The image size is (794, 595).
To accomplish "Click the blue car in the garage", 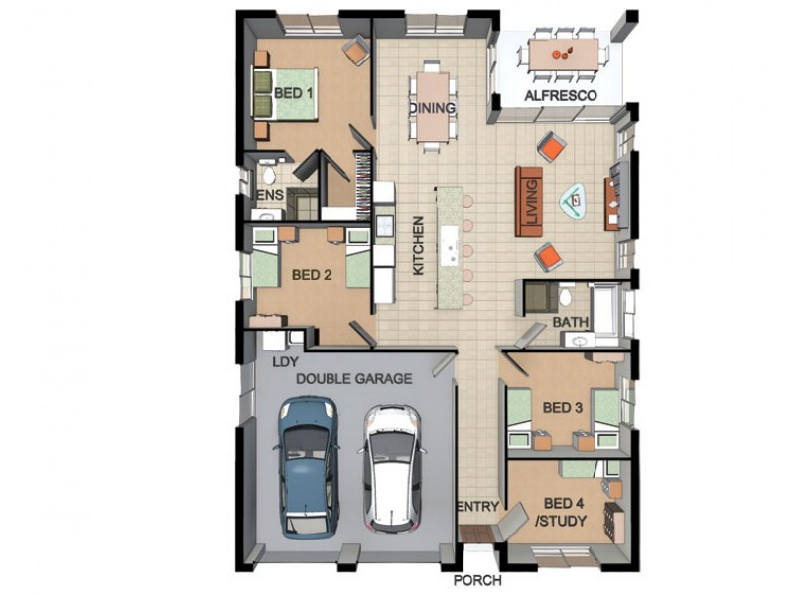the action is point(308,467).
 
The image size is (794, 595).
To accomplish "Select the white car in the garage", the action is point(390,468).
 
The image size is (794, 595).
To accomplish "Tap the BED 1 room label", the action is point(293,93).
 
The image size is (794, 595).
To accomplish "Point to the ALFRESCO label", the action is point(561,95).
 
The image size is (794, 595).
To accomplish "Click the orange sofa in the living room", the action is point(529,201).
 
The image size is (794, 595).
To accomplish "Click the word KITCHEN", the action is point(418,246).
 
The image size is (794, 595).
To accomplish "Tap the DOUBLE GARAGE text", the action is point(353,379).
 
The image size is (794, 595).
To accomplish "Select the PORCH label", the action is point(477,580).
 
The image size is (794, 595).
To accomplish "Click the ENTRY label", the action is point(478,506).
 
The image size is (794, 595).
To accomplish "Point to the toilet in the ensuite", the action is point(268,174).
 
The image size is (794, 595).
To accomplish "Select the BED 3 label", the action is point(562,408).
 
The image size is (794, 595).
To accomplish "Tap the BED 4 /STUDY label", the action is point(562,512).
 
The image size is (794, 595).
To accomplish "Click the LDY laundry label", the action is point(285,362).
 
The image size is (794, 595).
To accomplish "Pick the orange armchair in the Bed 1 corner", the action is point(356,50).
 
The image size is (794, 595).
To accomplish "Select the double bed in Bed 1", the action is point(285,94).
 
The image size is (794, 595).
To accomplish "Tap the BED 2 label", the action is point(312,275).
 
